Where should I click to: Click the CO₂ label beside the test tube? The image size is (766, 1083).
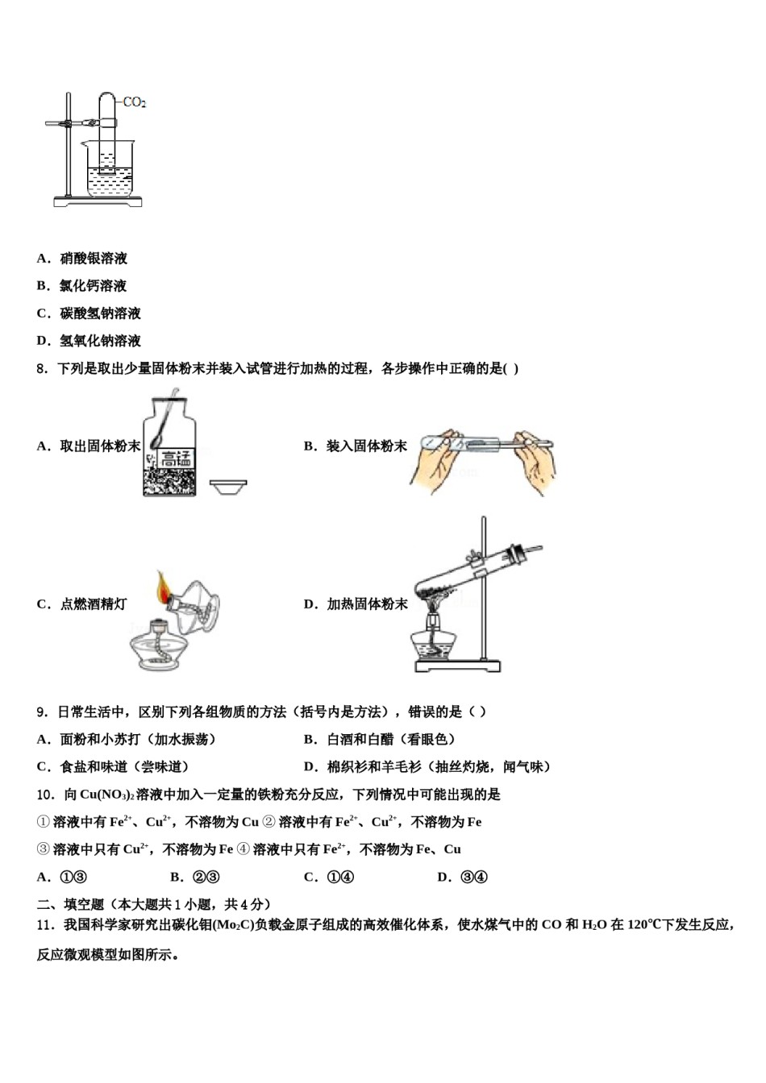(x=134, y=102)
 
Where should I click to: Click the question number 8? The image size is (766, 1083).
(x=43, y=369)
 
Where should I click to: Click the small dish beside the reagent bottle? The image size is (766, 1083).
(x=228, y=486)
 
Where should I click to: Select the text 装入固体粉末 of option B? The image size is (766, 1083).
(x=367, y=446)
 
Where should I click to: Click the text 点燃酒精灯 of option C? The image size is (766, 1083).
(x=93, y=604)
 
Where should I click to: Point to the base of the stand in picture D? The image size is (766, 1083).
(x=457, y=666)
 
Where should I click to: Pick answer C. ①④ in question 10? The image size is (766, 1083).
(x=328, y=878)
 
